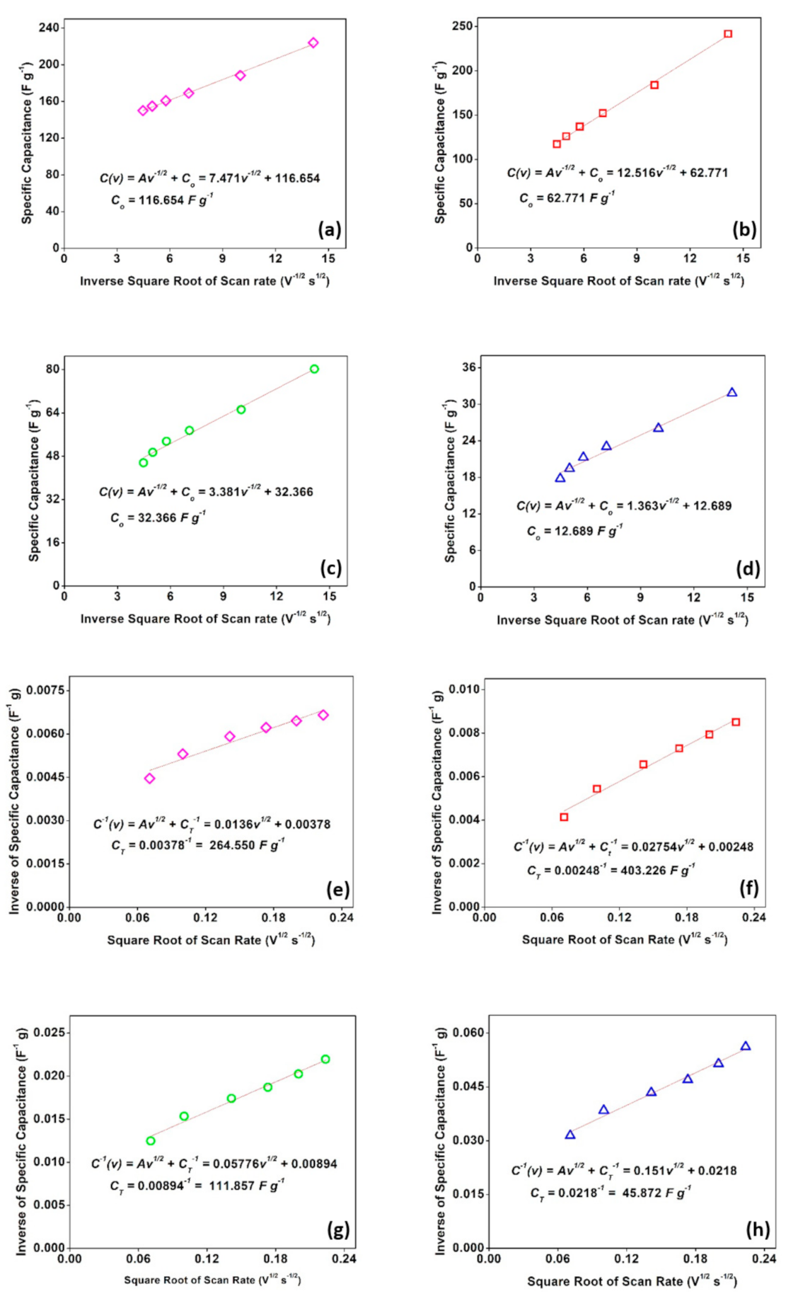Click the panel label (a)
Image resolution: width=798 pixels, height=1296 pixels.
[330, 229]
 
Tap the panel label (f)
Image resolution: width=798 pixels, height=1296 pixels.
[748, 888]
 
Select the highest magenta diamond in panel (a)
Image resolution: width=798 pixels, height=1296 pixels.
[313, 43]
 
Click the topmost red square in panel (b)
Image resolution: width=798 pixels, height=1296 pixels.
[728, 34]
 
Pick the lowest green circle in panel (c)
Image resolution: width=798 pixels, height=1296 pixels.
[144, 463]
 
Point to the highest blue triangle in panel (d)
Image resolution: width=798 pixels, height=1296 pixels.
[732, 392]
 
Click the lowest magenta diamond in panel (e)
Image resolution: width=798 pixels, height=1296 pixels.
[149, 779]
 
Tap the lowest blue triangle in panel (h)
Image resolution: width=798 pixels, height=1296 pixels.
[570, 1135]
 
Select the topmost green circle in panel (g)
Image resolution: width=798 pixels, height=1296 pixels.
[325, 1059]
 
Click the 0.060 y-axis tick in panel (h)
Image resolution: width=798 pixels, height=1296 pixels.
[467, 1033]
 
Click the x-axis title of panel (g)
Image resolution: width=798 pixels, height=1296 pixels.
[212, 1280]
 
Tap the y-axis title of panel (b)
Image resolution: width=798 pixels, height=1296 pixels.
[440, 143]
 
